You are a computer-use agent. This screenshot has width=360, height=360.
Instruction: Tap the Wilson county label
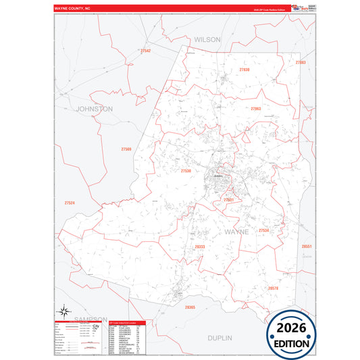207,40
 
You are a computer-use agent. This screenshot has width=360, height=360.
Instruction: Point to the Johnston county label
95,108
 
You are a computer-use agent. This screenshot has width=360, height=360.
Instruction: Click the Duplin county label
220,337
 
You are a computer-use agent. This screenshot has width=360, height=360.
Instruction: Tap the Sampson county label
91,319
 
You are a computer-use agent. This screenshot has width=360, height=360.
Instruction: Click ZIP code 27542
145,51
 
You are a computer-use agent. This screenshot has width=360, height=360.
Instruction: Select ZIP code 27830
245,70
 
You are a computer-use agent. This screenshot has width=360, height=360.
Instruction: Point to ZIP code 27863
256,109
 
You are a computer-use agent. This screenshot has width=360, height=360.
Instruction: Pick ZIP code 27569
126,149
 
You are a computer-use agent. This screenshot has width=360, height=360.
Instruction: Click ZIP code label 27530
186,171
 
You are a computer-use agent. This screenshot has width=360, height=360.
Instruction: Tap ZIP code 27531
230,200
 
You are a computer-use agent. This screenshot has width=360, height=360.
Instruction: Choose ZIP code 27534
264,231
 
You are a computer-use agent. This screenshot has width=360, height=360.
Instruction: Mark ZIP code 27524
70,203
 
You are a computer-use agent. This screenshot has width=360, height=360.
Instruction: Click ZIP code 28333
199,247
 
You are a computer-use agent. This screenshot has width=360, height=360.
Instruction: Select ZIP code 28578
273,288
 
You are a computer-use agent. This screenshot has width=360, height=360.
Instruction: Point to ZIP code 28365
190,307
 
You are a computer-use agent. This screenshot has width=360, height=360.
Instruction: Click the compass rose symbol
64,311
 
